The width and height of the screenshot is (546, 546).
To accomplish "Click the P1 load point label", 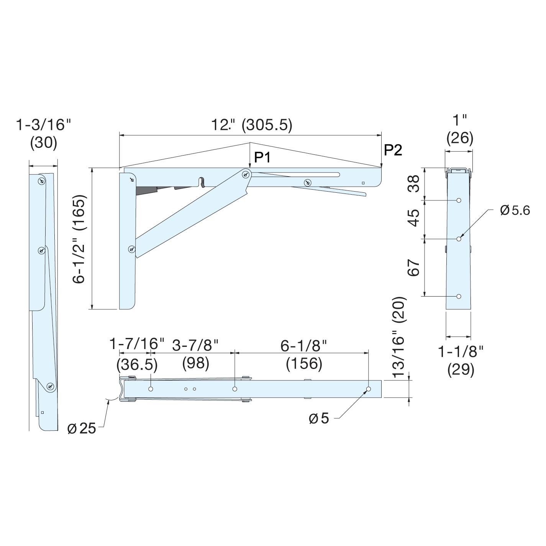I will pos(262,157).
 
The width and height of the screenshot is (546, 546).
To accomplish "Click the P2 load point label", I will pos(393,150).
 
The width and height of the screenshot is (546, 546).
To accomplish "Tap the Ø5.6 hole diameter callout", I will pos(515,210).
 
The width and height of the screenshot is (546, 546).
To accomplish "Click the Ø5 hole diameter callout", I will pos(319,419).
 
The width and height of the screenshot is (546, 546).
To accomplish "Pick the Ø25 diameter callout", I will pos(82,428).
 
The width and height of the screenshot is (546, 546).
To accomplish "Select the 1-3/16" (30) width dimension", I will pos(43,133).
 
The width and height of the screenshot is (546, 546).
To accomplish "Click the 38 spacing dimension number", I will pos(414,184).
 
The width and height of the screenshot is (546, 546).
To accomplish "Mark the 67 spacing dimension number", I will pos(414,267).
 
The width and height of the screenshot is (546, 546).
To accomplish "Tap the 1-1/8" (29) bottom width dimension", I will pos(461,360).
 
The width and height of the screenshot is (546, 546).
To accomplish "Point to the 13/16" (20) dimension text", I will pos(398,336).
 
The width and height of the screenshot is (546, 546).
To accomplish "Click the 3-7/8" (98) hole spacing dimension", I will pos(195,353).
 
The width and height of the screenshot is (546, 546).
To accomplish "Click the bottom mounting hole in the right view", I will pos(459,297).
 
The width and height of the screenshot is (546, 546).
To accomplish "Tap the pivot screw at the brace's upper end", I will pos(245,175).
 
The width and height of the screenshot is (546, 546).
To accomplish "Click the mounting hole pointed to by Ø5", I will pos(369,389).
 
